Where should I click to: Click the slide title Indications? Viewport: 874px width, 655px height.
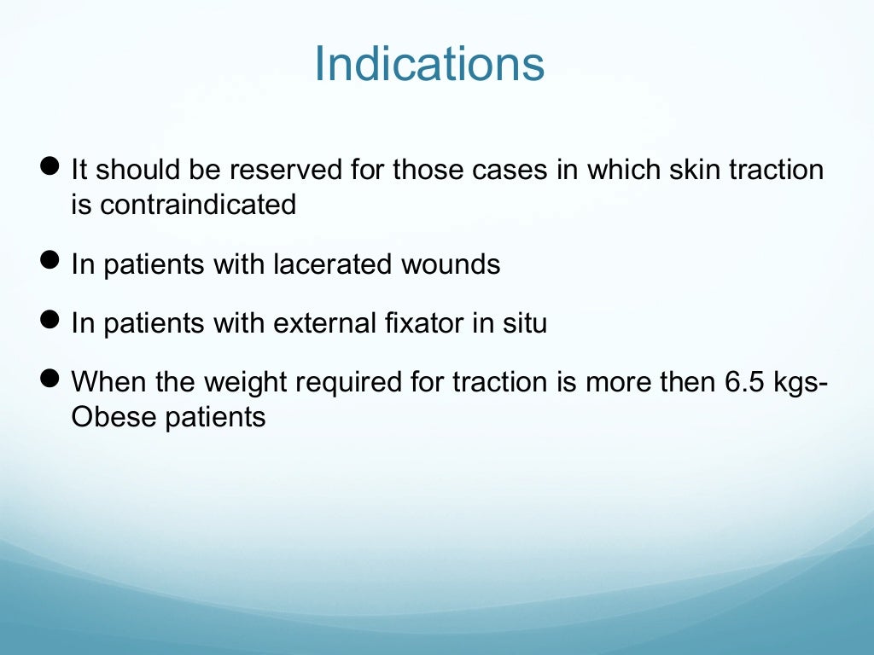(x=428, y=64)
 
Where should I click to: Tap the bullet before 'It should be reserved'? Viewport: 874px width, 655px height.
(x=50, y=165)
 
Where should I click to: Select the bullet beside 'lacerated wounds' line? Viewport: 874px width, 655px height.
(x=50, y=260)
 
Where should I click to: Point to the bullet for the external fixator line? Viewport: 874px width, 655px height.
(x=50, y=320)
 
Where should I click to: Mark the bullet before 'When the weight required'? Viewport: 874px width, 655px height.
(x=50, y=378)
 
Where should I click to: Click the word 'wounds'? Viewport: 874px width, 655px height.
(x=451, y=265)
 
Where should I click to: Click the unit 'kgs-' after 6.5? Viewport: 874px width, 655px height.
(x=801, y=383)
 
